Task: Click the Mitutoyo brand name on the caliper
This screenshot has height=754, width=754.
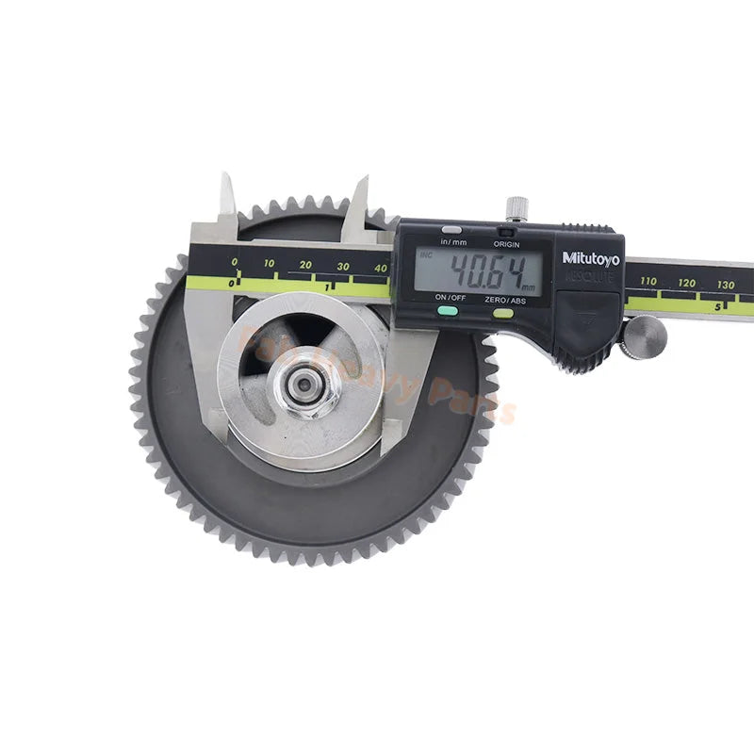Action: point(591,257)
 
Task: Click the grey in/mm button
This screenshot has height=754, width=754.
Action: point(452,229)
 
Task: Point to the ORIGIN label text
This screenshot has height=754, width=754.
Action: point(506,242)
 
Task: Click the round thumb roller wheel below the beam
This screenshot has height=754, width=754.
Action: point(645,336)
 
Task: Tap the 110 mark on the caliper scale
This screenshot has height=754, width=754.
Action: point(648,281)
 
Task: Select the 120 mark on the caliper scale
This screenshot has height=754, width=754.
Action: point(685,282)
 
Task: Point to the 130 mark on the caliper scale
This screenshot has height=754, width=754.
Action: point(725,284)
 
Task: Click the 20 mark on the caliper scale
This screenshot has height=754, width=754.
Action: point(305,265)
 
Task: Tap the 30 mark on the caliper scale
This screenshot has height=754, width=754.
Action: point(343,267)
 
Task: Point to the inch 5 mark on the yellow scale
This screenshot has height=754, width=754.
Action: point(717,305)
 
